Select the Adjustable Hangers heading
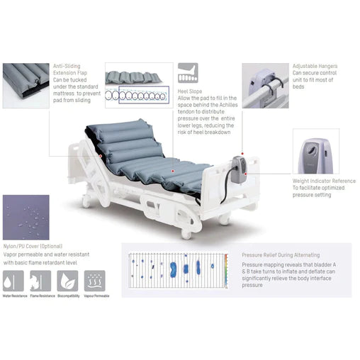pyautogui.click(x=315, y=66)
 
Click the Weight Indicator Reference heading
pyautogui.click(x=323, y=181)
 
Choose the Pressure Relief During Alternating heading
pyautogui.click(x=280, y=254)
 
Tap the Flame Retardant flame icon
pyautogui.click(x=38, y=281)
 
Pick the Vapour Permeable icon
pyautogui.click(x=93, y=281)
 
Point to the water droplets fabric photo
pyautogui.click(x=26, y=217)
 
